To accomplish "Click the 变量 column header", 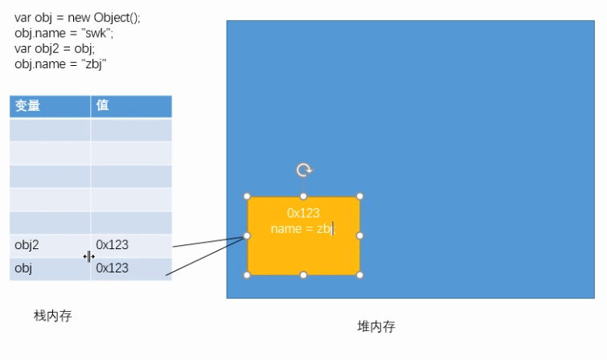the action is [x=28, y=106].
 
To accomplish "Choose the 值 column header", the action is [x=103, y=106].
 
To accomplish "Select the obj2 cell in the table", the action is [x=27, y=244].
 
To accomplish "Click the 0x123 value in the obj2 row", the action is [x=112, y=244].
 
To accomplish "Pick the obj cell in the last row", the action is [x=23, y=268].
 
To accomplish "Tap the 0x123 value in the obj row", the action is [x=112, y=268].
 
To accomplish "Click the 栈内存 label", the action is [x=52, y=316].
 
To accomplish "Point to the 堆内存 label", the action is [x=376, y=326].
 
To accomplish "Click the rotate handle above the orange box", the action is [x=304, y=170].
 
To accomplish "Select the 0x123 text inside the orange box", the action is [x=303, y=213].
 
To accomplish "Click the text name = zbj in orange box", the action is [x=301, y=229].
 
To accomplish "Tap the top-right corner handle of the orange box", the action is [x=360, y=196].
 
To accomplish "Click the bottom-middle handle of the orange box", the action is [x=303, y=275].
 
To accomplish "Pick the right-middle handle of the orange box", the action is [x=360, y=235].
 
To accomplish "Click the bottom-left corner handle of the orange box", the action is [x=247, y=275].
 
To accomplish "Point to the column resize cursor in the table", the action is [x=90, y=256].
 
